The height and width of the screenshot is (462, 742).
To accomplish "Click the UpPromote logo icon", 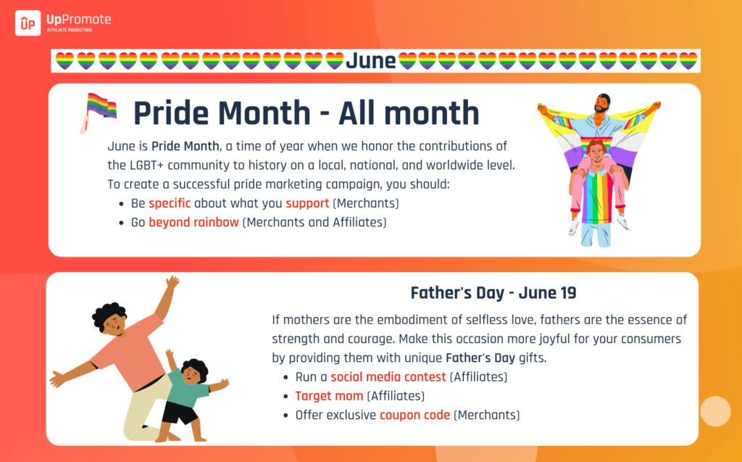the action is [x=28, y=23].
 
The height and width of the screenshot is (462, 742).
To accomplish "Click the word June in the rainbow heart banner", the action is [x=370, y=61].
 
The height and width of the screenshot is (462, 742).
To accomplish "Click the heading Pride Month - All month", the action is [x=307, y=112].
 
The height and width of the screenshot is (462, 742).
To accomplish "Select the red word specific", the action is [x=170, y=203].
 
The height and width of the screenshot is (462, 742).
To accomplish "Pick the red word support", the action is [x=307, y=204].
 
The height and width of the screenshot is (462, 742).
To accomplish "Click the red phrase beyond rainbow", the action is [x=193, y=222].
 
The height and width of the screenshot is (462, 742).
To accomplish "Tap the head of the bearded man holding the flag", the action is [x=602, y=103].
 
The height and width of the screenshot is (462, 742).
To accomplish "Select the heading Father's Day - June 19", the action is [x=493, y=293].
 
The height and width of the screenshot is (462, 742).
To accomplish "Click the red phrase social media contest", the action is [x=388, y=376].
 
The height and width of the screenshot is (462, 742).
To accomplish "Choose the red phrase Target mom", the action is [x=329, y=396].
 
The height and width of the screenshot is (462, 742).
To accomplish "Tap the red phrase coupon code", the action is [x=414, y=415].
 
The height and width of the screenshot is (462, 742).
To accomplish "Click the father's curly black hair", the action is [x=108, y=314].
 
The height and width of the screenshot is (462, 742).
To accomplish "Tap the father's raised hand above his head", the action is [x=172, y=282].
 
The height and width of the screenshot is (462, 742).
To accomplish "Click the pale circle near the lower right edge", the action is [x=715, y=411].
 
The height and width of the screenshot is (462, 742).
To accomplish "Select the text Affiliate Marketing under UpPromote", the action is [x=69, y=30].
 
